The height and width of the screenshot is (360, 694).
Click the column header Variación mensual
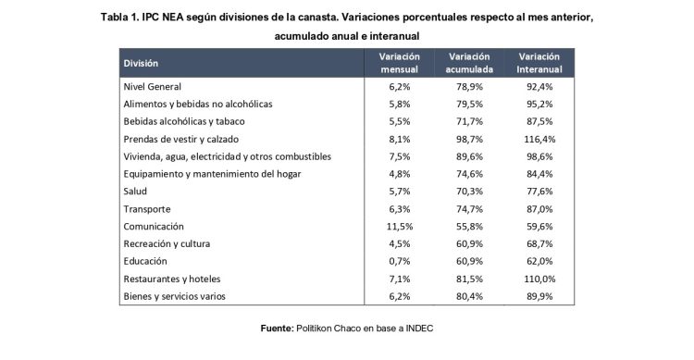pos(399,62)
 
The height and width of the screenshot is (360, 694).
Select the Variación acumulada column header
pos(468,62)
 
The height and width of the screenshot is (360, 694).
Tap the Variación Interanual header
pos(539,62)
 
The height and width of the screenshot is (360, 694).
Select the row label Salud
pos(136,191)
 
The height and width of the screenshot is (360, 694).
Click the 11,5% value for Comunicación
pos(399,226)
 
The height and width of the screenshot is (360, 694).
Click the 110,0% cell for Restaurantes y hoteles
pos(539,279)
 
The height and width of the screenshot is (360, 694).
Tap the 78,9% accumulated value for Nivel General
pos(468,86)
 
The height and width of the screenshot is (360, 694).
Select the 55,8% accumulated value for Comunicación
pos(468,226)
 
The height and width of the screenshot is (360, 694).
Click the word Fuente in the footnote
pos(275,328)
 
